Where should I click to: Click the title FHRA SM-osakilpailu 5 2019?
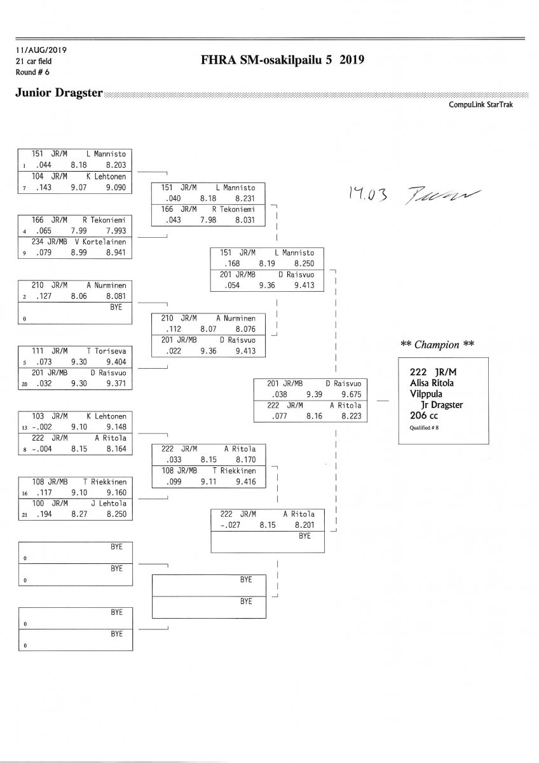tap(281, 60)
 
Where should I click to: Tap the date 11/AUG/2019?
tap(41, 50)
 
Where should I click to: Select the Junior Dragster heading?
tap(58, 93)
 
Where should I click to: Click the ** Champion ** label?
tap(438, 344)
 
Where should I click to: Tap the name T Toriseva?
tap(107, 350)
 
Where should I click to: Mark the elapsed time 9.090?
tap(117, 188)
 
